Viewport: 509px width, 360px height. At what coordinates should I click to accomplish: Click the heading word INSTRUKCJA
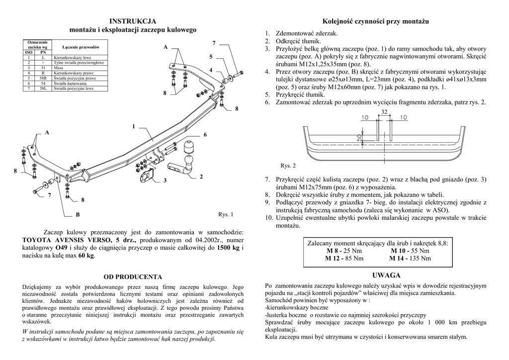[x=133, y=21]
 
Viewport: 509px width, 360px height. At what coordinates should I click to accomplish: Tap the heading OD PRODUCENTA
[x=133, y=276]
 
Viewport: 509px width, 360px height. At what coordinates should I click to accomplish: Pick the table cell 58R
[x=43, y=78]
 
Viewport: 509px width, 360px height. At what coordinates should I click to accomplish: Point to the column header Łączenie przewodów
[x=81, y=47]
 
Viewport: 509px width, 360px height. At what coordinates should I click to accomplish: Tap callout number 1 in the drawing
[x=134, y=127]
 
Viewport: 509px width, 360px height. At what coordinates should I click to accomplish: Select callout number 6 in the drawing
[x=205, y=135]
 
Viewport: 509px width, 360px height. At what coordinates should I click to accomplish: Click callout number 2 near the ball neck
[x=201, y=177]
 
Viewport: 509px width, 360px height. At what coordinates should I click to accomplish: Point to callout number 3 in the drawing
[x=165, y=180]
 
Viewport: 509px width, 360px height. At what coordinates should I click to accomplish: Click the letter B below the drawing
[x=77, y=215]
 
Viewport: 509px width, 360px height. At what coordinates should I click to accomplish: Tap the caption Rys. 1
[x=226, y=215]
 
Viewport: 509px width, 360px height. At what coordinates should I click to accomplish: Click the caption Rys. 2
[x=288, y=166]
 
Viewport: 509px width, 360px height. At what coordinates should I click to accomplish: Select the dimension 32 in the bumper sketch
[x=384, y=112]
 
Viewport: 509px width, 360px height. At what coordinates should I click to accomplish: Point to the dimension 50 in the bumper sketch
[x=358, y=136]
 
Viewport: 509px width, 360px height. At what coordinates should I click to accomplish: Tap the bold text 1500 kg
[x=229, y=247]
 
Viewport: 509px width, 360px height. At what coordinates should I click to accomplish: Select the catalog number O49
[x=61, y=247]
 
